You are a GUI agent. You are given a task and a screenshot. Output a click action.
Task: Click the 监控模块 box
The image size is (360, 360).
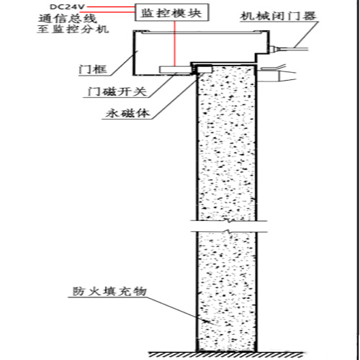(171, 12)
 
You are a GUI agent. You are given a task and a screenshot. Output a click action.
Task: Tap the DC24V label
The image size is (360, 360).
(67, 6)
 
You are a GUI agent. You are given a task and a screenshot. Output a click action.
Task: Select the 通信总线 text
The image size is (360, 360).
(68, 19)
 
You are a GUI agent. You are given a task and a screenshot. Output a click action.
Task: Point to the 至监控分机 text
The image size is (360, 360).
(73, 30)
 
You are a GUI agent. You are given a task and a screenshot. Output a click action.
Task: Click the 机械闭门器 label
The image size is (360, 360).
(278, 16)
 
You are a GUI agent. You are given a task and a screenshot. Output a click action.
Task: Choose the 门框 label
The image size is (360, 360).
(93, 70)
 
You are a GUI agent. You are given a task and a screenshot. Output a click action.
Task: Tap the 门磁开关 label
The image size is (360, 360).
(117, 91)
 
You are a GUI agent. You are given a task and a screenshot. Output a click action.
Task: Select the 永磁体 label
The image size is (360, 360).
(127, 113)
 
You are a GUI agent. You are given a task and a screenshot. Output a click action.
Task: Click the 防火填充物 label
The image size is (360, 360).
(109, 292)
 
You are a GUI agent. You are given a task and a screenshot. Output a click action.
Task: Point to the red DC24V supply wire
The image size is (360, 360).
(110, 7)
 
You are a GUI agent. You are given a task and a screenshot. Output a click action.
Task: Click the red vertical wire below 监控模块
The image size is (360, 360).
(175, 44)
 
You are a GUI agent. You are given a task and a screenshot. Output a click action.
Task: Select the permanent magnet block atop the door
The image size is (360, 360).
(204, 69)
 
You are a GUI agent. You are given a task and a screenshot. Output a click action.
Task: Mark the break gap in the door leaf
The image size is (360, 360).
(229, 226)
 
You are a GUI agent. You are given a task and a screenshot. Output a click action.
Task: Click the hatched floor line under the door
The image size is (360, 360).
(227, 354)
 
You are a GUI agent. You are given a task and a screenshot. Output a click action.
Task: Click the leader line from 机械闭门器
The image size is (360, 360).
(307, 35)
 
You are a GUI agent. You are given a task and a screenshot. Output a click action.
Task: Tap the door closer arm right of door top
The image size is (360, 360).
(276, 73)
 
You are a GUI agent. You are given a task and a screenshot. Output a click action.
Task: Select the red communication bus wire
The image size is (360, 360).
(107, 12)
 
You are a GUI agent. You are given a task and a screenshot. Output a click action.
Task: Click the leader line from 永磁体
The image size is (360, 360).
(176, 96)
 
